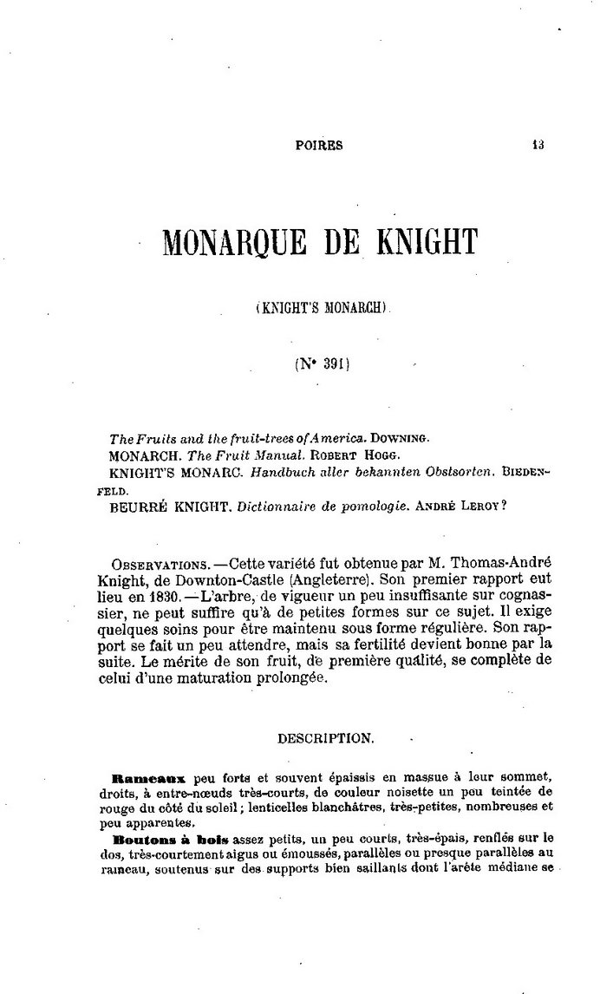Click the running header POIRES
[x=319, y=146]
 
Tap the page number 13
[x=538, y=146]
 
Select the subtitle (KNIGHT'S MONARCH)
[x=325, y=306]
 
